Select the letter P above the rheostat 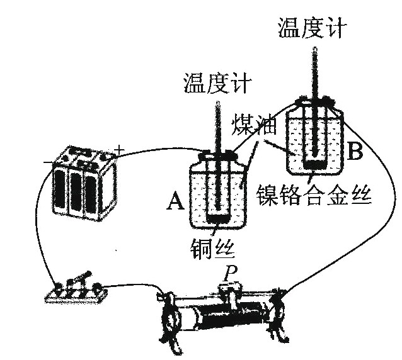click(x=231, y=273)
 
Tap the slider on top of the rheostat click(x=231, y=290)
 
